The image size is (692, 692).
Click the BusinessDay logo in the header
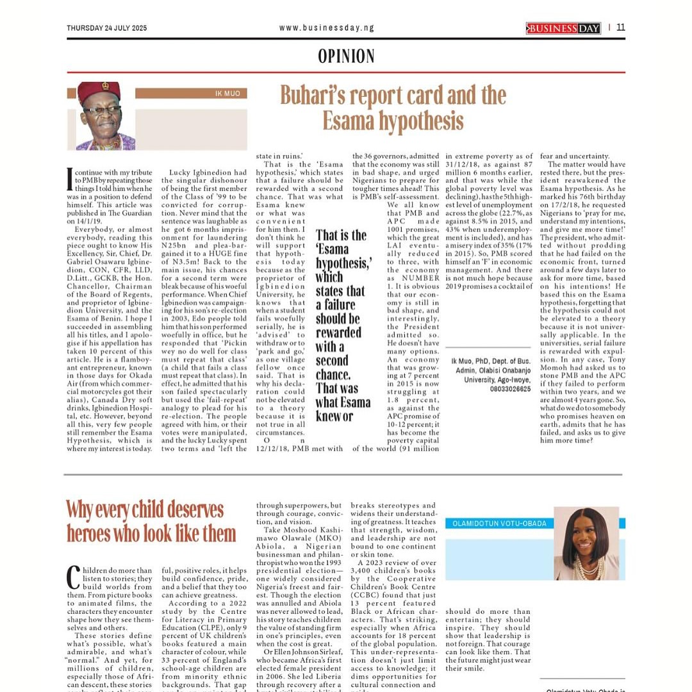[x=563, y=28]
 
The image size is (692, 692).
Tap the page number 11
[x=621, y=27]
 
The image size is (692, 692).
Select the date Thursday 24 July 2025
[x=106, y=28]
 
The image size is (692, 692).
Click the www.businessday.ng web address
[x=327, y=28]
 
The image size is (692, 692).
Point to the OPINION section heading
[x=346, y=56]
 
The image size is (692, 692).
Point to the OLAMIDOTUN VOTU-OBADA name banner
[x=496, y=523]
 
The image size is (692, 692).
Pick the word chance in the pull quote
[x=333, y=374]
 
